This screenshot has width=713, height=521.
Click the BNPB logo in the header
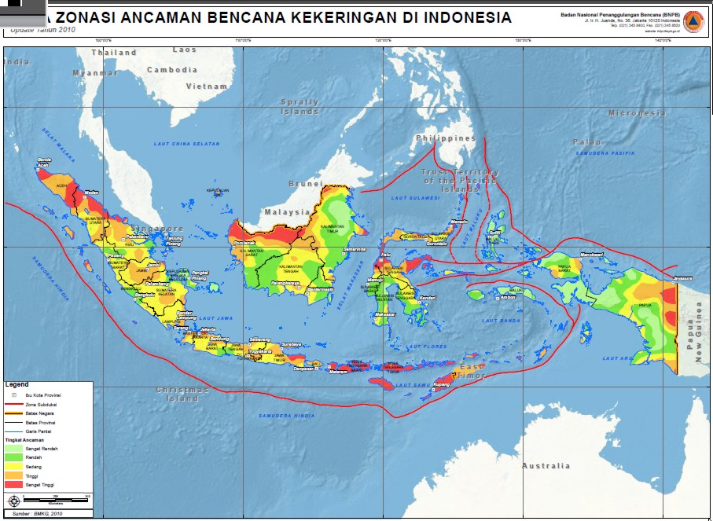pos(693,21)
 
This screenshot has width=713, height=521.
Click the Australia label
pos(546,466)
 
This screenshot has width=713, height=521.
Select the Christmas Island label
pos(182,394)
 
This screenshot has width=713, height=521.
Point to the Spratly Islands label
pos(300,106)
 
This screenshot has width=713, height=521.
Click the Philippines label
pos(446,138)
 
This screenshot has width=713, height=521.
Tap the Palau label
pos(586,141)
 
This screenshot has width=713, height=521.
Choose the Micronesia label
pos(637,113)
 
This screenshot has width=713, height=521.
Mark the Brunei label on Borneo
pos(306,183)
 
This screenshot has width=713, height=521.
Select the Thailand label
pos(114,53)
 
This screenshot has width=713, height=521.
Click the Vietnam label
pos(208,86)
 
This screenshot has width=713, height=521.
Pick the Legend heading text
pos(17,384)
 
